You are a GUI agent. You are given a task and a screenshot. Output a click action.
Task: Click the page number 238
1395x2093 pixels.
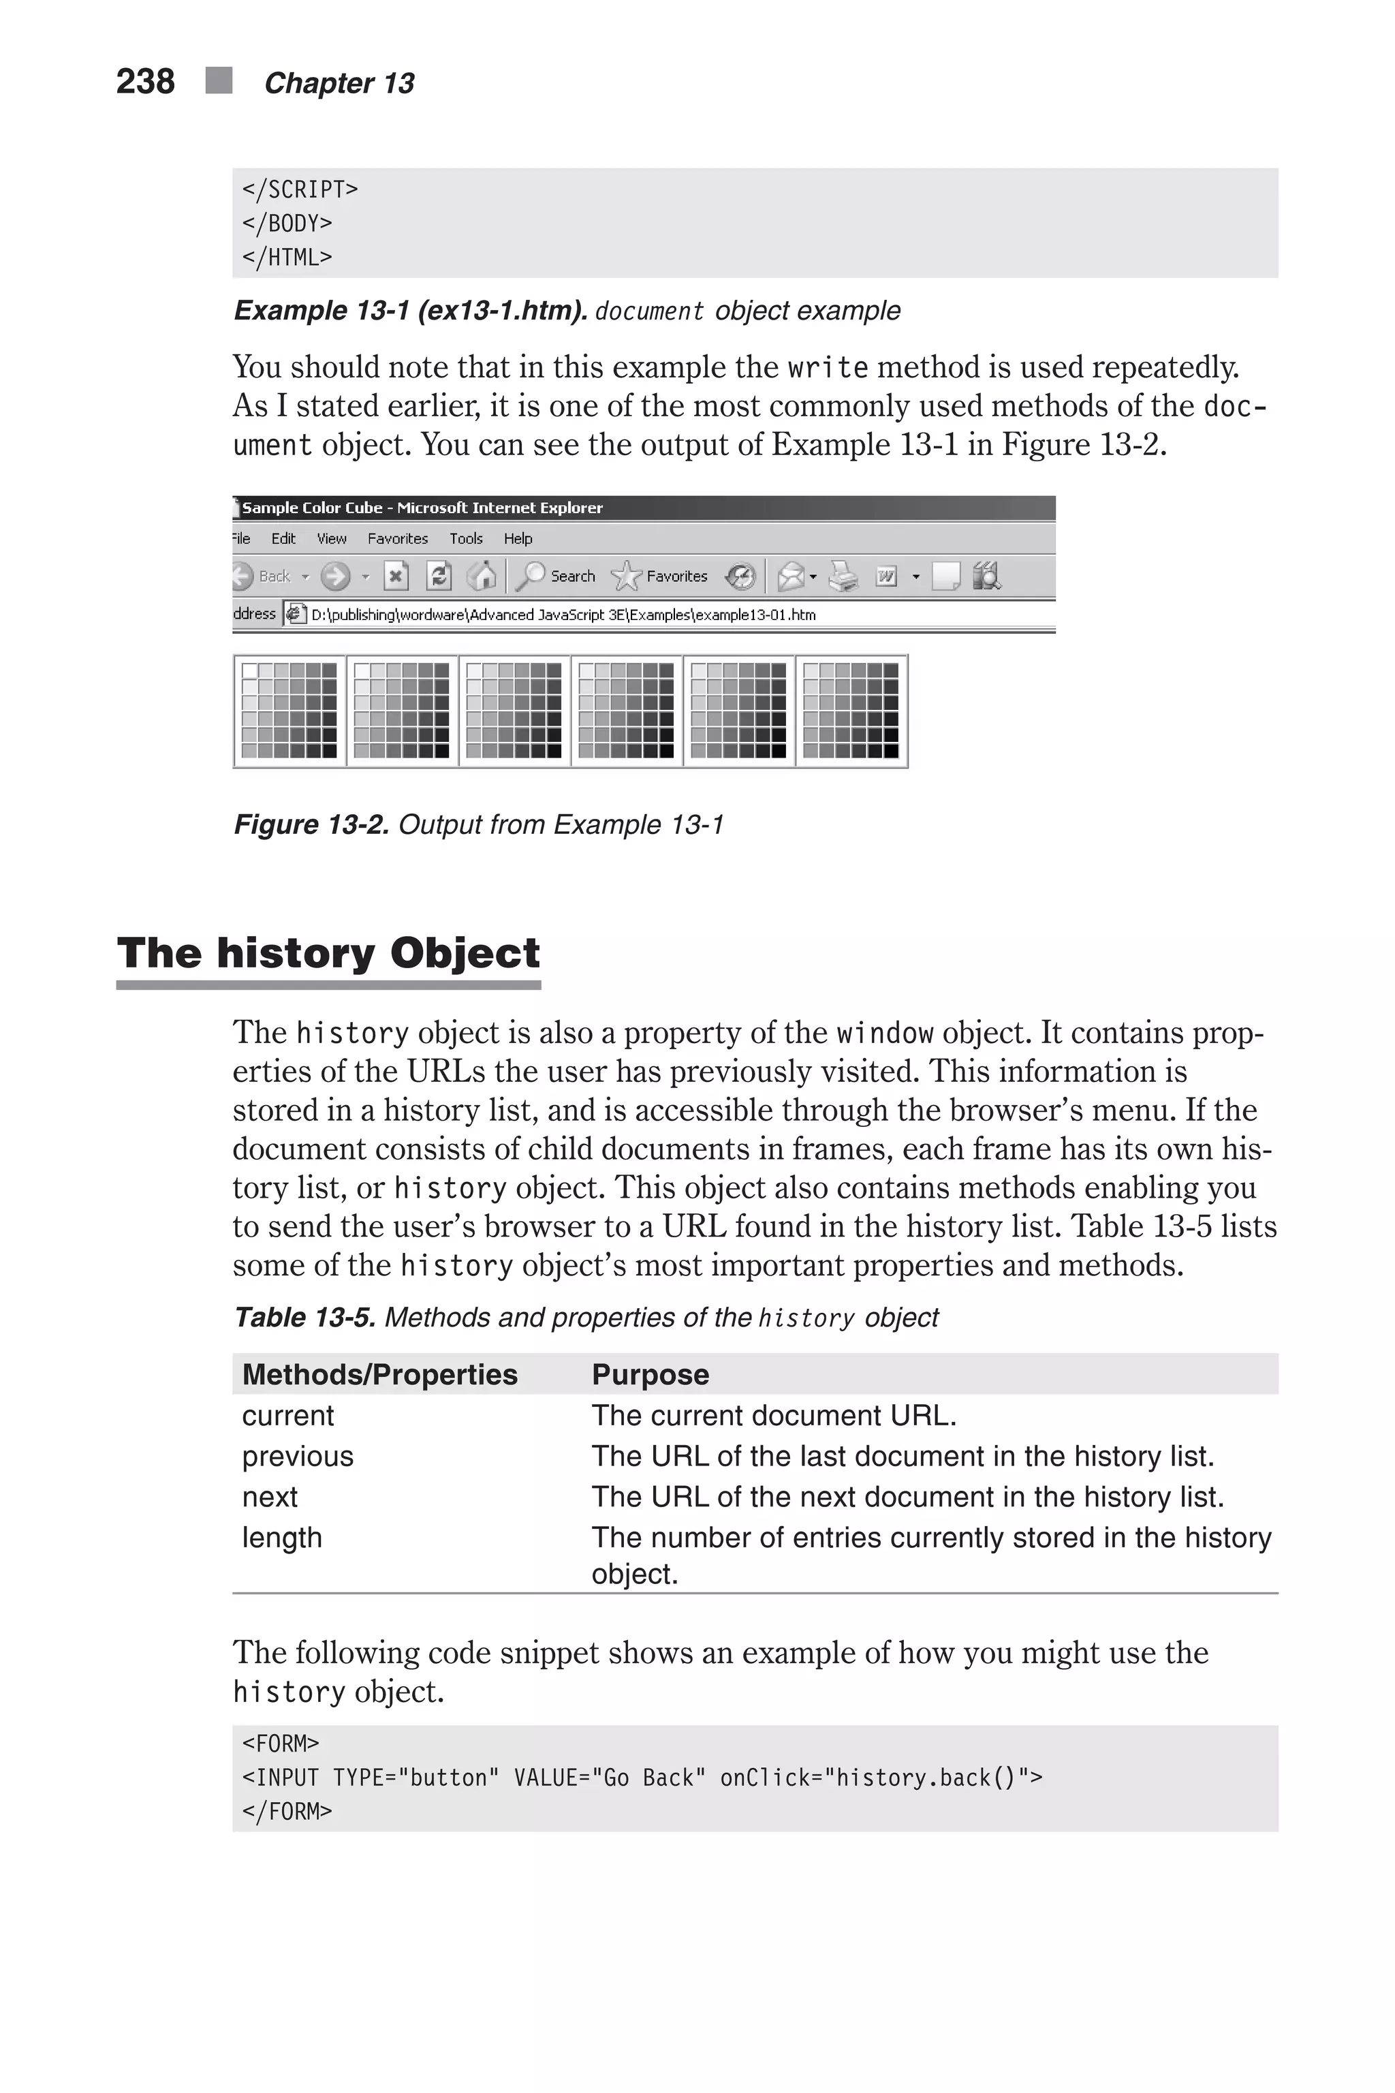click(145, 82)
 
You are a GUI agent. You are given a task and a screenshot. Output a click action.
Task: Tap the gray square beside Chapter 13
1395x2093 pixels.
click(219, 80)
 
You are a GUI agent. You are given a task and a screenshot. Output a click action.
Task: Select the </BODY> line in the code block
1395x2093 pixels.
click(287, 223)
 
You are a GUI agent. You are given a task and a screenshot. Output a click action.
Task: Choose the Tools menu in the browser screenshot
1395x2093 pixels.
click(465, 538)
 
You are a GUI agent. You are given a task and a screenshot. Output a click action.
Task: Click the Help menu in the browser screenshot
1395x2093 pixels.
click(518, 538)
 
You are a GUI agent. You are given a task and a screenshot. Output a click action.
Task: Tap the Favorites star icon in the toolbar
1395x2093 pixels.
click(627, 576)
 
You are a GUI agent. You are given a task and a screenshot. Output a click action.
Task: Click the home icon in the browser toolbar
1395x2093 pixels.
click(482, 576)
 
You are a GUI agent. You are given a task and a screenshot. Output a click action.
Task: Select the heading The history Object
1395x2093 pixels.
click(328, 953)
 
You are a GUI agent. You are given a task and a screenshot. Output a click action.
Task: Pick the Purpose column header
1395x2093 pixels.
click(651, 1374)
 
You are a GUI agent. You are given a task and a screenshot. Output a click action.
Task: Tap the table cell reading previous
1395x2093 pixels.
click(297, 1456)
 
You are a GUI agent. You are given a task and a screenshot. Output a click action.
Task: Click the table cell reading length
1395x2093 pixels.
click(282, 1537)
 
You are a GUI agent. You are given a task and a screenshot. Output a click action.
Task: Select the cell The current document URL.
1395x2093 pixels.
click(774, 1415)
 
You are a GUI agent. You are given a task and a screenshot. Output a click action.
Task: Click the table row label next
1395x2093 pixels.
click(270, 1497)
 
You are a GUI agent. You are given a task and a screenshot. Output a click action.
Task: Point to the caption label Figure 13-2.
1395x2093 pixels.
click(311, 825)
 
